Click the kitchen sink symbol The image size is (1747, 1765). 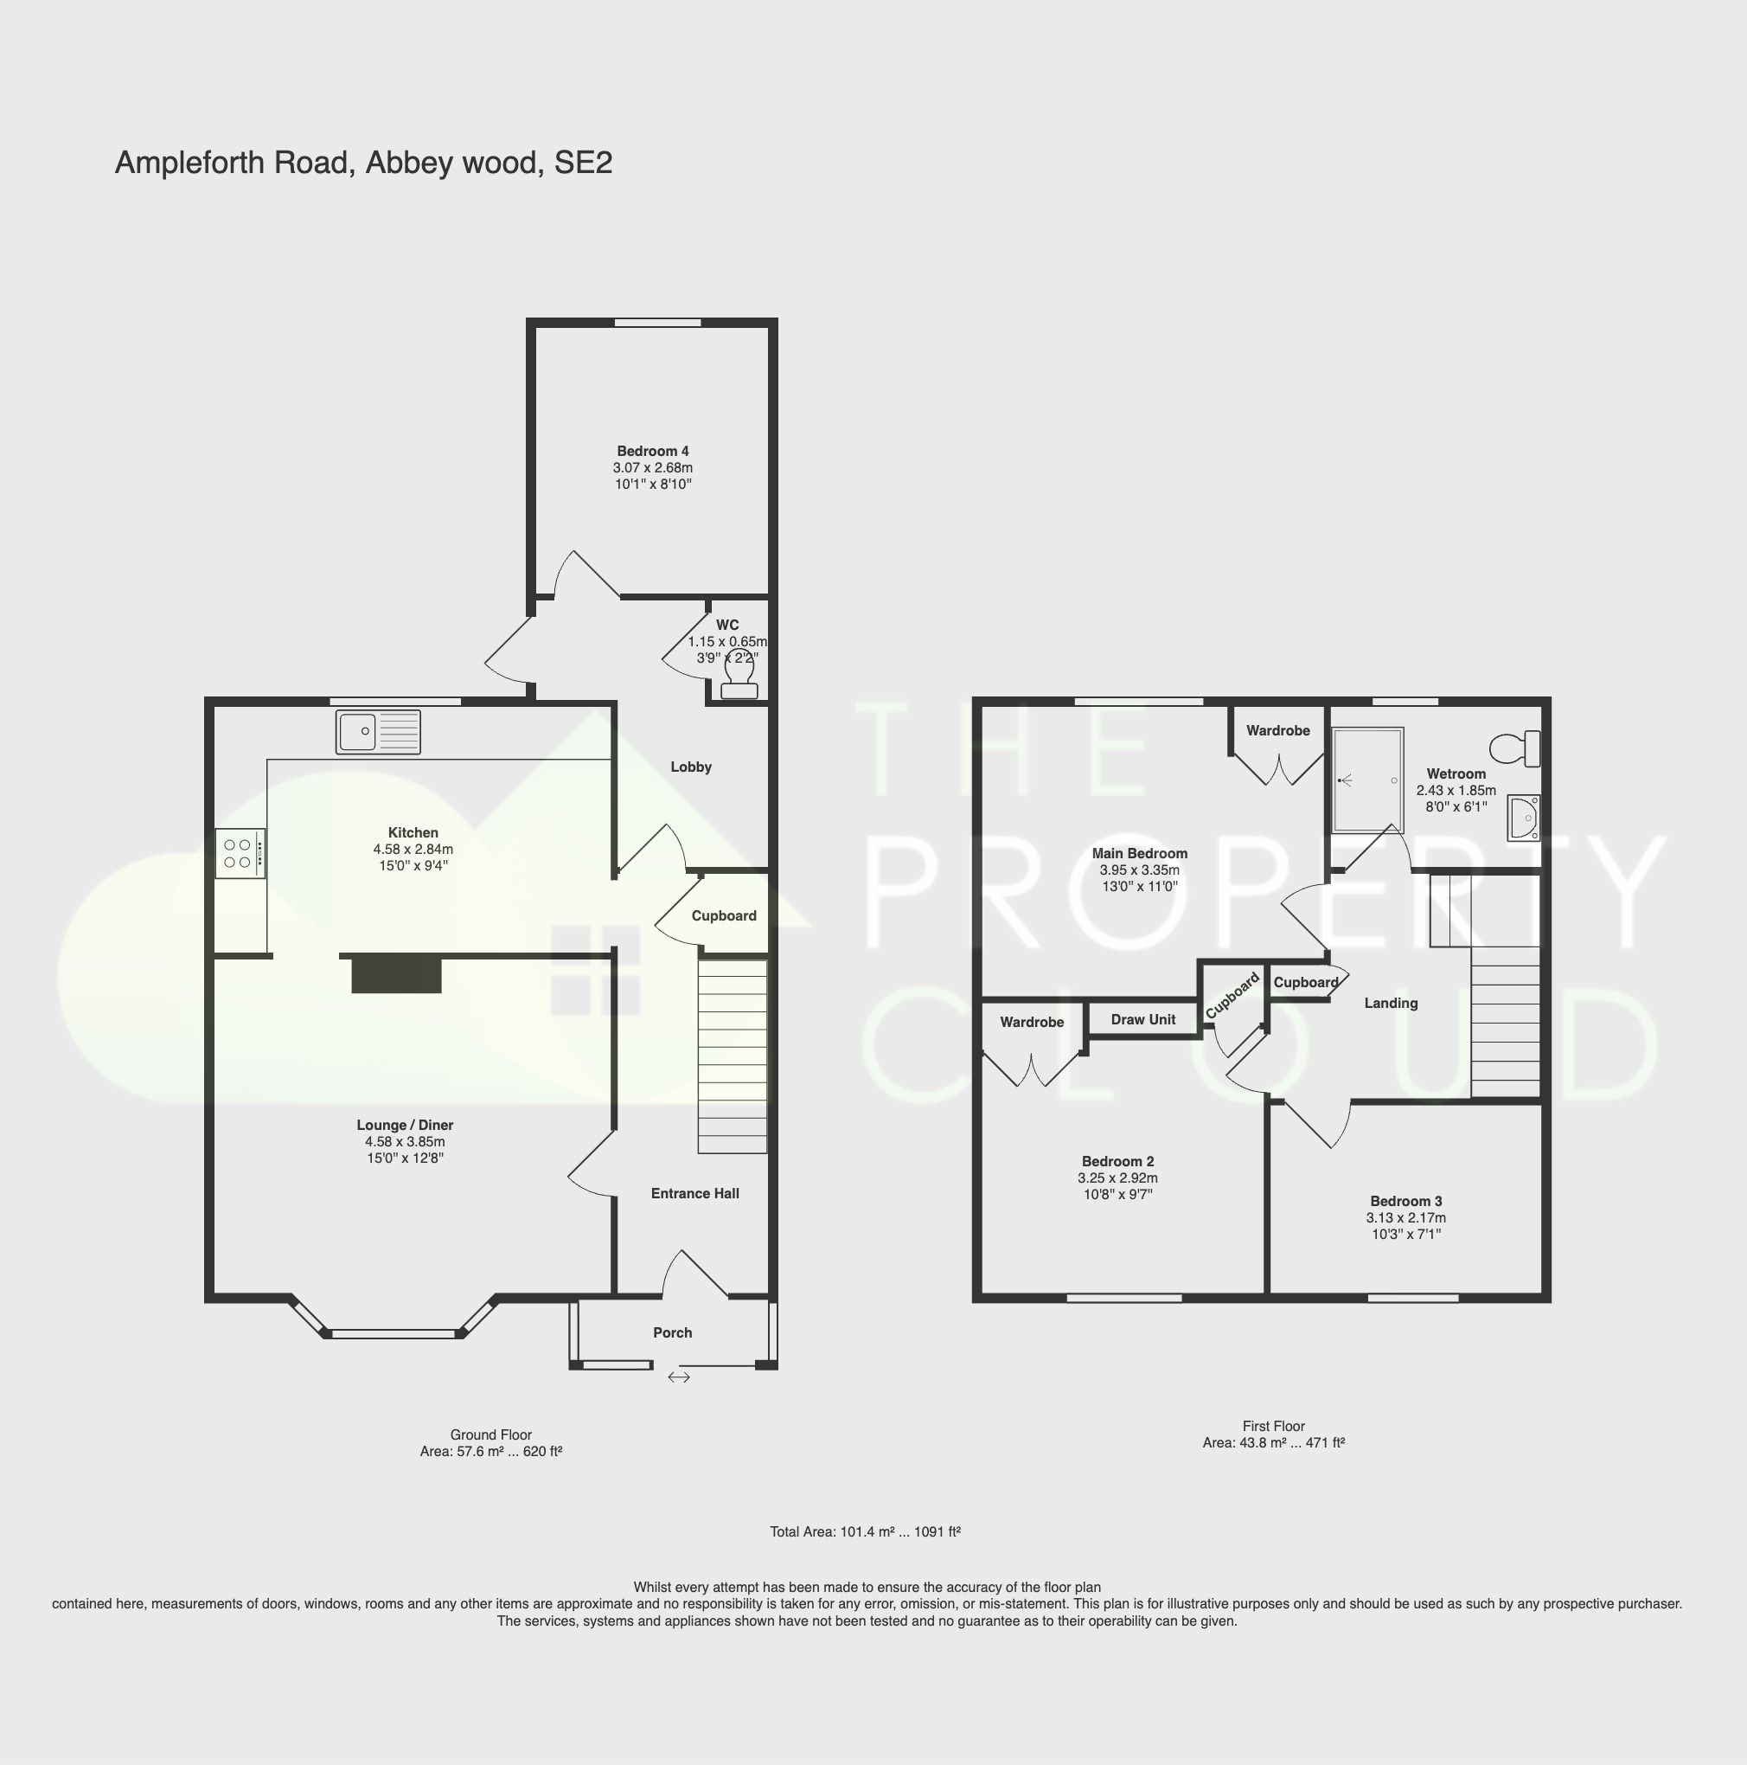pos(377,732)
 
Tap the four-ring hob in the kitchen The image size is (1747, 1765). pos(240,853)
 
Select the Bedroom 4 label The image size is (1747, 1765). pos(652,451)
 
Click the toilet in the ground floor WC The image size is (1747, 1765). pos(739,677)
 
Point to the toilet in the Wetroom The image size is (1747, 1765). pos(1515,749)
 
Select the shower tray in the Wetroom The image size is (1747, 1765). pos(1367,780)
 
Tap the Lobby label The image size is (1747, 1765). pos(690,767)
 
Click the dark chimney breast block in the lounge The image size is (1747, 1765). pos(396,975)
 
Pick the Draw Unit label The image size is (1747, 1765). pos(1142,1019)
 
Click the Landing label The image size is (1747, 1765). pos(1390,1003)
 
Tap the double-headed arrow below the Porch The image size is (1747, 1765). pos(679,1377)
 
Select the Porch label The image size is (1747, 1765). pos(672,1333)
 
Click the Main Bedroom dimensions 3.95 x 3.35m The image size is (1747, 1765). pos(1139,870)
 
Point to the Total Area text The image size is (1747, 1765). pos(864,1532)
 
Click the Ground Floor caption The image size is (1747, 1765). pos(490,1434)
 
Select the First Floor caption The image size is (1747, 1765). pos(1273,1426)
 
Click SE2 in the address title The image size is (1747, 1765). pos(583,163)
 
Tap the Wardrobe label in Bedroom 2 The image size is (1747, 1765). pos(1031,1023)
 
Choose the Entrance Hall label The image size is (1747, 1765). pos(694,1193)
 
